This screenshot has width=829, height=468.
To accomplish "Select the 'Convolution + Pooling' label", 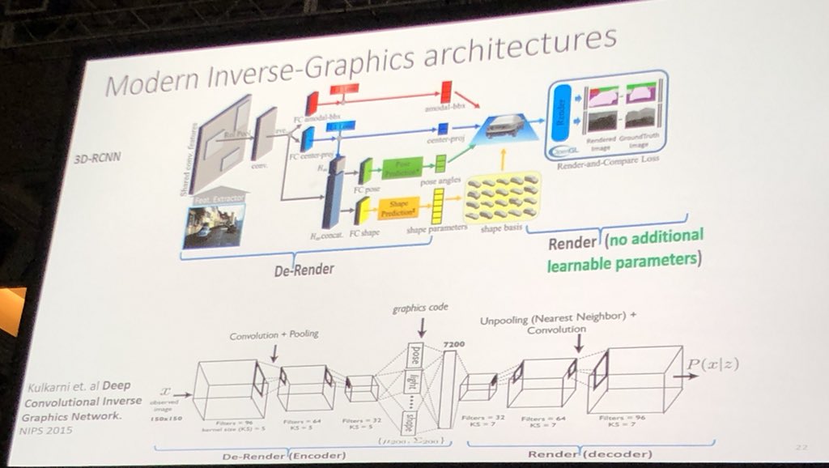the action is [275, 335].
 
